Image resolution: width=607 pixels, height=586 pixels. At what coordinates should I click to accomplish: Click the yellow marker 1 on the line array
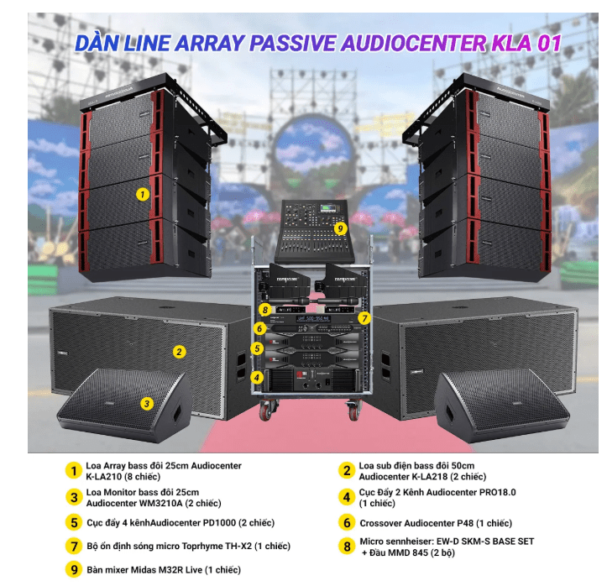click(x=143, y=194)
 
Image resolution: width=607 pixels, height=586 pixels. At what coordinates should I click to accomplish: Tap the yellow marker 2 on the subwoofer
click(x=179, y=352)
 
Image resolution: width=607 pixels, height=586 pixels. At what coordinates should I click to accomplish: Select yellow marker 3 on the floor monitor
click(x=147, y=404)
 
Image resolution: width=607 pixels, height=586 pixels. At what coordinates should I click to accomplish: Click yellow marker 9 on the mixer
click(x=340, y=228)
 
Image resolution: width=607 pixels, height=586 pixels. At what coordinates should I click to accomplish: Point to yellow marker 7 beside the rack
click(x=364, y=318)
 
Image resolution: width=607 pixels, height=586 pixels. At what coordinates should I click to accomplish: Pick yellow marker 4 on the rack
click(x=257, y=378)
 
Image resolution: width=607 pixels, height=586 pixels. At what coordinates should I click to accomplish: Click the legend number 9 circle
click(x=74, y=570)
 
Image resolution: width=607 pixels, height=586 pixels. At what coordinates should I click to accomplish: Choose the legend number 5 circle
click(x=74, y=522)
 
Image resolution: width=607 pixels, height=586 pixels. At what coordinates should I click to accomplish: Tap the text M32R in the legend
click(x=170, y=570)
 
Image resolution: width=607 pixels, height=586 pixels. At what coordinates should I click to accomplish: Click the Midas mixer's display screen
click(x=329, y=209)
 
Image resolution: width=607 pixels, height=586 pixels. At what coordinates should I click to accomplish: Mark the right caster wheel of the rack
click(x=353, y=411)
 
